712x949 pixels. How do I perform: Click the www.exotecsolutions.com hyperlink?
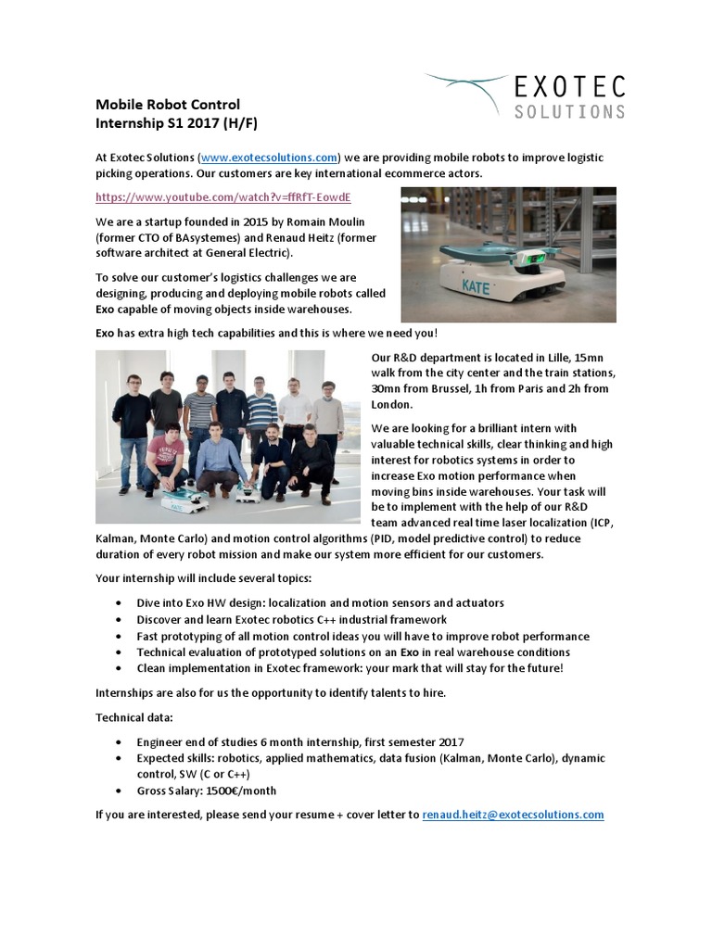coord(268,158)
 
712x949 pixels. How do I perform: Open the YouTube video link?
coord(223,197)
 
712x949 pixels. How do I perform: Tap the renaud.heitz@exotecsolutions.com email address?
coord(513,815)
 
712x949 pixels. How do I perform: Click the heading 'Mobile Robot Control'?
coord(168,105)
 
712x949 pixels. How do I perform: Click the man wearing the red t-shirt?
coord(163,454)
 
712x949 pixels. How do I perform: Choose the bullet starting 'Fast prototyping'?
coord(362,636)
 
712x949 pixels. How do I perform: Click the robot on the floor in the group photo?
coord(184,500)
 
